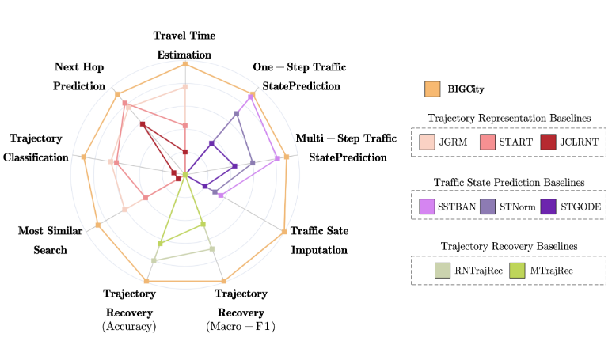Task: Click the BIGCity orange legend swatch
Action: click(x=432, y=89)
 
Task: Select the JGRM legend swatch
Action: click(x=427, y=142)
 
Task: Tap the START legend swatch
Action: click(x=488, y=142)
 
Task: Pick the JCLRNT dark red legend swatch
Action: click(x=548, y=142)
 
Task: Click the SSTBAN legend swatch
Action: click(x=427, y=207)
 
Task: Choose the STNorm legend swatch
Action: click(x=488, y=207)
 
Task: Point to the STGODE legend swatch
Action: click(x=548, y=207)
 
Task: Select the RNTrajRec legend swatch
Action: click(x=443, y=271)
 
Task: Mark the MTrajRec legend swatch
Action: click(x=517, y=271)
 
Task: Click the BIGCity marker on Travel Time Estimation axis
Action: click(x=185, y=64)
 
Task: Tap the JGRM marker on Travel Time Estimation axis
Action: click(x=185, y=87)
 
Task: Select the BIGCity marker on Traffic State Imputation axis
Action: click(x=283, y=232)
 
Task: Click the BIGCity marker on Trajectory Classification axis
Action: click(x=83, y=157)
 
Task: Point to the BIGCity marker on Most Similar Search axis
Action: click(x=98, y=225)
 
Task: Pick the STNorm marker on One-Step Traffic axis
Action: click(x=237, y=113)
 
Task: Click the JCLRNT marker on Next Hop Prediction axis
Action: click(x=143, y=124)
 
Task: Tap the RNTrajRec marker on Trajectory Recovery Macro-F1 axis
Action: click(x=212, y=249)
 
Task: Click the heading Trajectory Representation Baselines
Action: click(x=509, y=118)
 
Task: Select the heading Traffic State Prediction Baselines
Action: click(x=509, y=183)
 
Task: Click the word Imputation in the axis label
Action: click(x=319, y=250)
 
